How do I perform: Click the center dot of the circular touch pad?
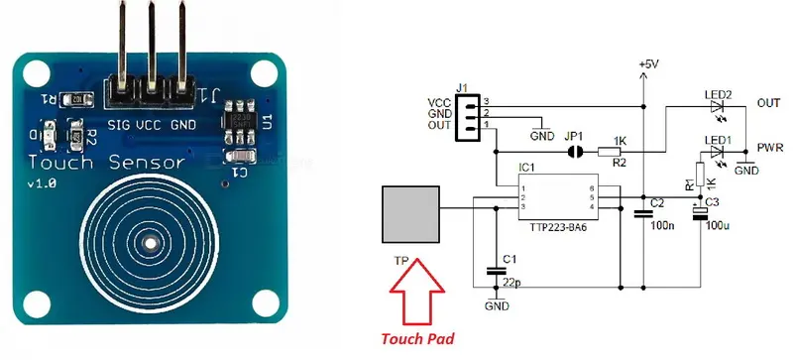click(149, 242)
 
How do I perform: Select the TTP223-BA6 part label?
click(559, 226)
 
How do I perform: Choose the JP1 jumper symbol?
click(573, 153)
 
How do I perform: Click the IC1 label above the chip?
click(526, 168)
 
